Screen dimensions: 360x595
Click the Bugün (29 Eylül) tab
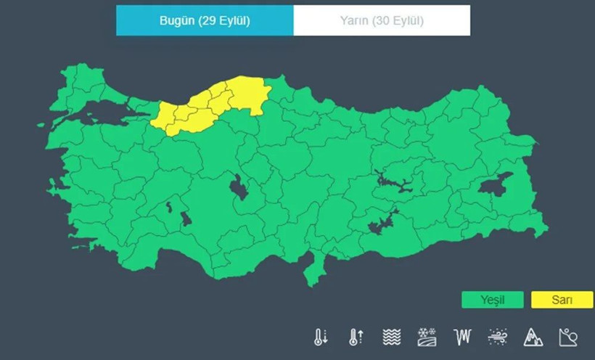click(x=205, y=20)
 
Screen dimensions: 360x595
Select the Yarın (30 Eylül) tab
click(x=382, y=20)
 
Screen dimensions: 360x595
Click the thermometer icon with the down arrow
click(x=321, y=337)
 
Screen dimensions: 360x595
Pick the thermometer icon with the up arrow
click(x=356, y=337)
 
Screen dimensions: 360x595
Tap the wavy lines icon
click(x=392, y=337)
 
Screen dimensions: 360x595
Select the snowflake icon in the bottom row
click(x=427, y=337)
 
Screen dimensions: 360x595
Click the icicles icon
click(x=462, y=337)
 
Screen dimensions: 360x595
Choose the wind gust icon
click(x=498, y=337)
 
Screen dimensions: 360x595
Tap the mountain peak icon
click(x=533, y=337)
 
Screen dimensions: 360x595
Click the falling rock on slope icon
click(x=568, y=337)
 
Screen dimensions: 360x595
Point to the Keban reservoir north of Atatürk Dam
click(x=392, y=180)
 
